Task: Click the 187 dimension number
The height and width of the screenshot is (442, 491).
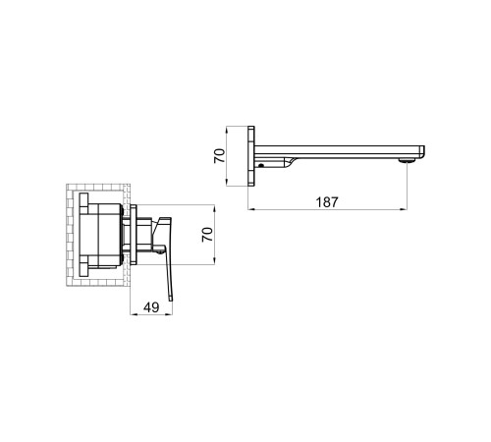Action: coord(327,202)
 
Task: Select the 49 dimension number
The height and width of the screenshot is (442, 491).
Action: coord(151,307)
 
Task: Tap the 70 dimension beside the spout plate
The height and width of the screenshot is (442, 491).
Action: coord(219,156)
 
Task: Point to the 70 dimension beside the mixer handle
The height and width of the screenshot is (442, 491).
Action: coord(207,235)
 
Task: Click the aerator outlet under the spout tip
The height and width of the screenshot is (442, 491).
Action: coord(407,160)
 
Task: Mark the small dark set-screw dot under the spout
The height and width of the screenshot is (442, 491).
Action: coord(261,165)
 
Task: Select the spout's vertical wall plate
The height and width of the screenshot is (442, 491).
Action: coord(251,156)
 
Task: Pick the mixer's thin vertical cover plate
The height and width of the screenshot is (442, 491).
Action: coord(134,235)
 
